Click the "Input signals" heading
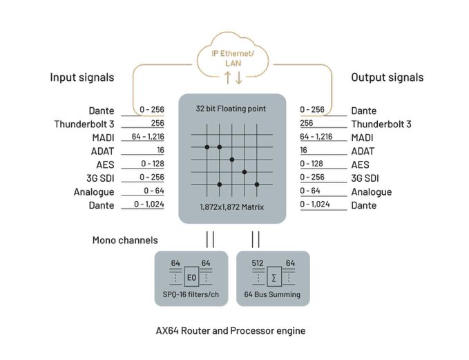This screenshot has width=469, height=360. coord(82,77)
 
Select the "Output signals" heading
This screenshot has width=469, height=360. coord(387,77)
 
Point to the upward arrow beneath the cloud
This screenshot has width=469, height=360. coord(229,78)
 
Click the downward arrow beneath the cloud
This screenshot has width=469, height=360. coord(239,78)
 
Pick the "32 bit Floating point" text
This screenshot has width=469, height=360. coord(231,108)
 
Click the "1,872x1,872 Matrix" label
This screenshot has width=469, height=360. coord(231,207)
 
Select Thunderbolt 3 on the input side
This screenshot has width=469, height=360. coord(84,124)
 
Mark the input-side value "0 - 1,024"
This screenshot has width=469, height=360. coord(149,204)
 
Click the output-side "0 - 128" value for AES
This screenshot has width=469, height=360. coord(313,164)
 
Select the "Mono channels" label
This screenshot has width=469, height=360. coord(125,240)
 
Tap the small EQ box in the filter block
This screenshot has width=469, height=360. coord(191,278)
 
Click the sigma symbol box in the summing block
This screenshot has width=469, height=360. coord(274,278)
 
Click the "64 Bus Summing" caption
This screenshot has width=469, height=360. coord(273,295)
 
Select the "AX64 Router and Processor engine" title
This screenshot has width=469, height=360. coord(231,330)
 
